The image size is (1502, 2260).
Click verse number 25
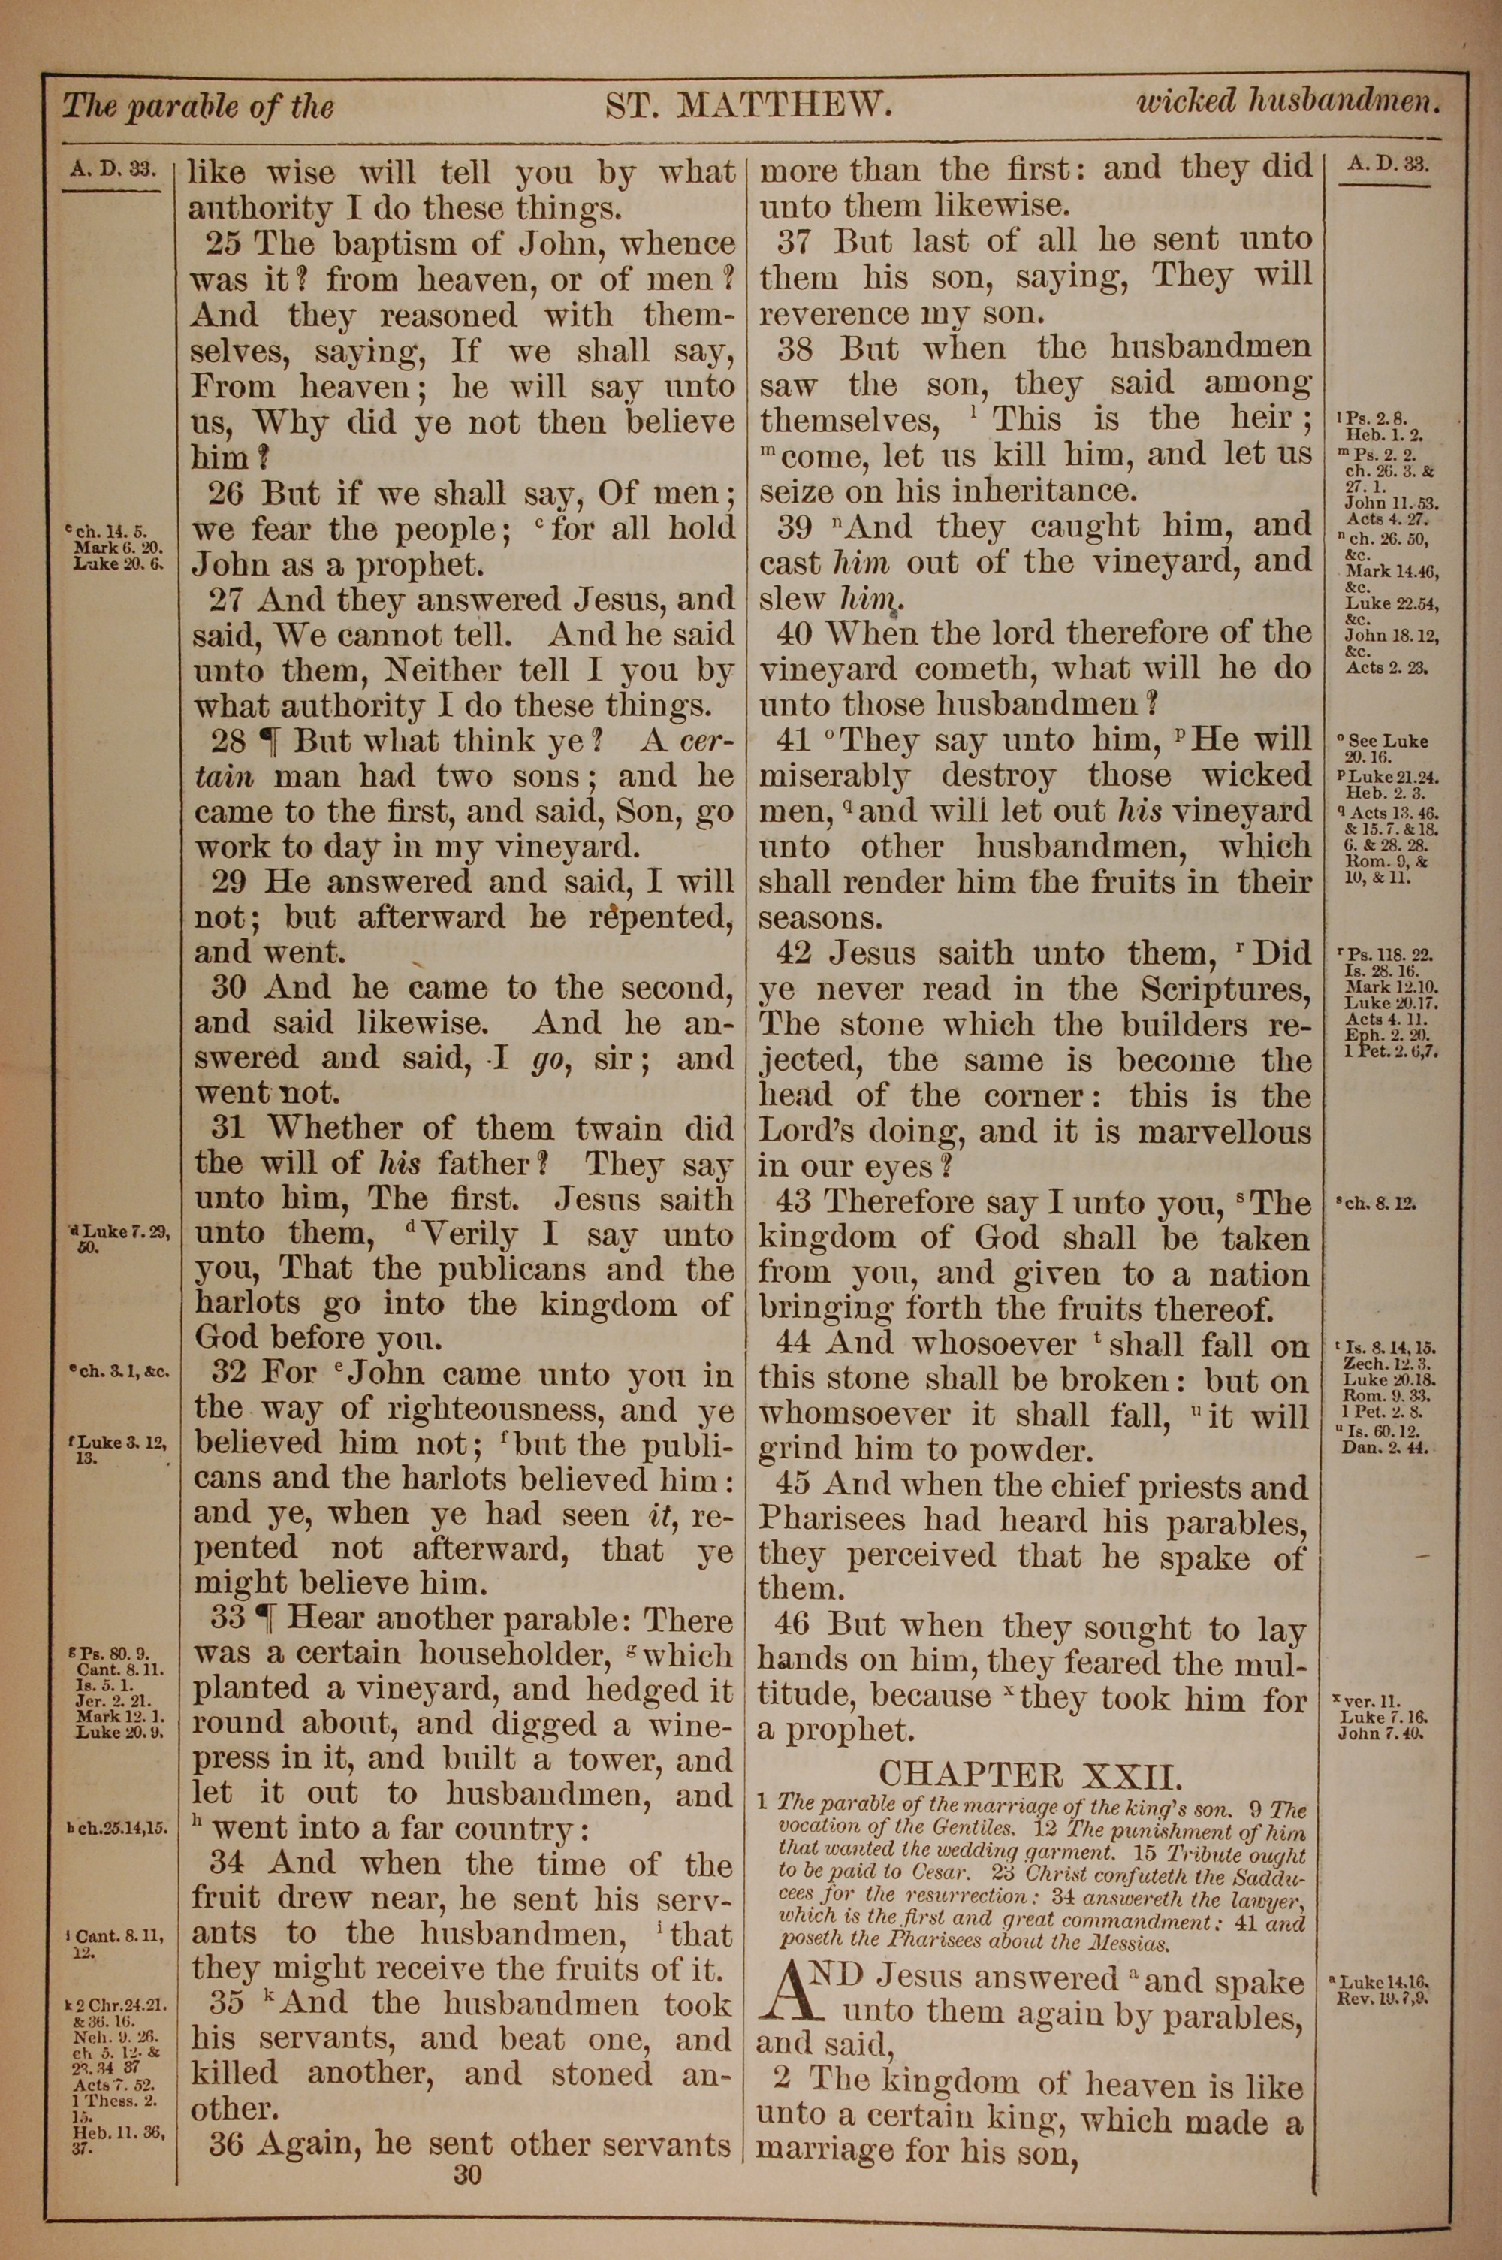coord(223,243)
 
